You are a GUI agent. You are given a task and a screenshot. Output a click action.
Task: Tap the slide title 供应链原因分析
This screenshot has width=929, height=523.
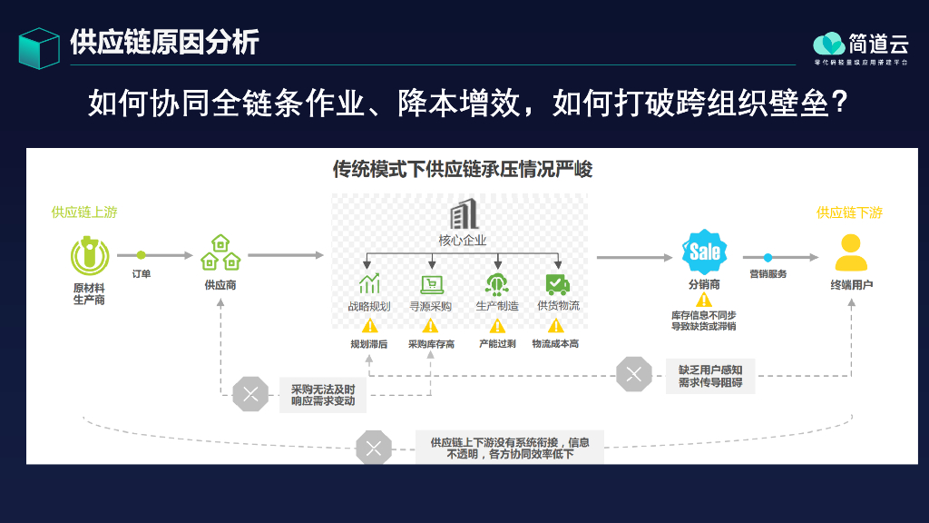point(164,42)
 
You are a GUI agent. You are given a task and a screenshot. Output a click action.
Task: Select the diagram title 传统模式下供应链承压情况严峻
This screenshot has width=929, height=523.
point(463,169)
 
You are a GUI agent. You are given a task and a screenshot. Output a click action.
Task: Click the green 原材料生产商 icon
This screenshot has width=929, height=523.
point(89,256)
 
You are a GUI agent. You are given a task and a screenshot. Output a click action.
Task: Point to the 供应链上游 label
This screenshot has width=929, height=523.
point(84,212)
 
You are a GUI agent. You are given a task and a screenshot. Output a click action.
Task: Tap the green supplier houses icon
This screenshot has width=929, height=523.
point(220,253)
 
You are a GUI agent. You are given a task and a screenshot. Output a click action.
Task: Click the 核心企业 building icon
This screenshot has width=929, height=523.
point(463,215)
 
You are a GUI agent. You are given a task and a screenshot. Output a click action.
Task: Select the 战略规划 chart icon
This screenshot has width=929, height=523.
point(369,284)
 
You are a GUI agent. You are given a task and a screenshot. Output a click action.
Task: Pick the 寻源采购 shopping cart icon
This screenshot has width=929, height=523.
point(431,284)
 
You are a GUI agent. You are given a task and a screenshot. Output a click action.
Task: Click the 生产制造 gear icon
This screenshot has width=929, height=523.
point(496,284)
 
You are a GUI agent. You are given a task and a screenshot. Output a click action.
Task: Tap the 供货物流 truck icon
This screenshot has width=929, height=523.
point(557,284)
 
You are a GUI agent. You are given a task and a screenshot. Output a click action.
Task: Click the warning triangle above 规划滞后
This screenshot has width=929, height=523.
point(369,325)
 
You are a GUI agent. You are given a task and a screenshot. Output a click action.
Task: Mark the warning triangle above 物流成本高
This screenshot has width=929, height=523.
point(556,325)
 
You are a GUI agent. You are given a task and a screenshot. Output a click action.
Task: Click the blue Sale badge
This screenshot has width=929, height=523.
point(704,252)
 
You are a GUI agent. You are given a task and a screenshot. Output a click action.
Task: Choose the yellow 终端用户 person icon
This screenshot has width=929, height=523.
point(851,253)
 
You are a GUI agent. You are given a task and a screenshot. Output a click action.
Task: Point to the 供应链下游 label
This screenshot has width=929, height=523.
point(849,212)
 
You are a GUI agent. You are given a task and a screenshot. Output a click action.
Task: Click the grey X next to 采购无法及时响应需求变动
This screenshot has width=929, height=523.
point(250,394)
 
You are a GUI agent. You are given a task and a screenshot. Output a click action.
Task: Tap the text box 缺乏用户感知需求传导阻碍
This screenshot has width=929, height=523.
point(710,376)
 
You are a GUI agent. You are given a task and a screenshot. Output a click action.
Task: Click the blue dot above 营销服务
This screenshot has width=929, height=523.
point(768,257)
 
